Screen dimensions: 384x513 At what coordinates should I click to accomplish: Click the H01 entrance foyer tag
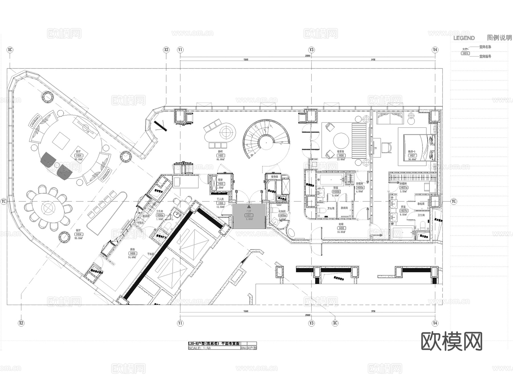(249, 216)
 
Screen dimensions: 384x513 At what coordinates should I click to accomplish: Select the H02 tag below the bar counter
(221, 156)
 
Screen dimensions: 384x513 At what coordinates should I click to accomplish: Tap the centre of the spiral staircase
(266, 141)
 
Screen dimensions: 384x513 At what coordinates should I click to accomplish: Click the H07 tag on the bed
(412, 156)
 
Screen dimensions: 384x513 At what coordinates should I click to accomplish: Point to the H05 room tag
(341, 156)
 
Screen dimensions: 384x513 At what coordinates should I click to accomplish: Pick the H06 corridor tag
(341, 228)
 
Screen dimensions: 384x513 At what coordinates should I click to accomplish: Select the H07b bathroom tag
(404, 211)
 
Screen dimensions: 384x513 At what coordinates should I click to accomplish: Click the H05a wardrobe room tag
(360, 188)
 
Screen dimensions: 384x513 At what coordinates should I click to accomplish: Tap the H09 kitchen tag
(133, 253)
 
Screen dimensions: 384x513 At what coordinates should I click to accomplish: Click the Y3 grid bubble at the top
(311, 50)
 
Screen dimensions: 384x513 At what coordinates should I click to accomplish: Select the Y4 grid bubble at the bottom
(435, 323)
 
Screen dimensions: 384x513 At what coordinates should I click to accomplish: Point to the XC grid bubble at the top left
(10, 50)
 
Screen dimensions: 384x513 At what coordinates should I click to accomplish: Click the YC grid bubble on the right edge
(454, 201)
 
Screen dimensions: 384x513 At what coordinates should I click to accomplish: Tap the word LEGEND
(464, 38)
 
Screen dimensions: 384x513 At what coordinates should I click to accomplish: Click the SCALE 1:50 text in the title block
(199, 348)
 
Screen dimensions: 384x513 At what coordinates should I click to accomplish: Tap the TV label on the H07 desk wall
(375, 148)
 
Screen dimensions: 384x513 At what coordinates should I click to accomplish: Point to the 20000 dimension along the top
(308, 56)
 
